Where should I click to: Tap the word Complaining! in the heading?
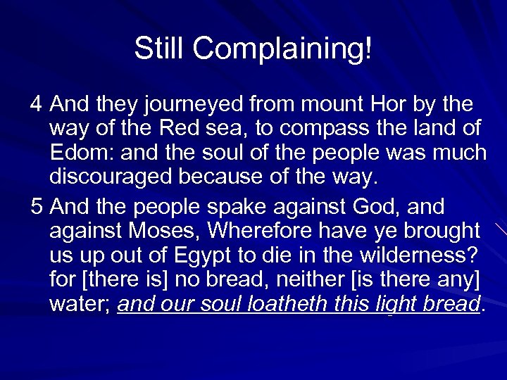pos(282,49)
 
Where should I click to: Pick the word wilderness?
pos(420,255)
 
